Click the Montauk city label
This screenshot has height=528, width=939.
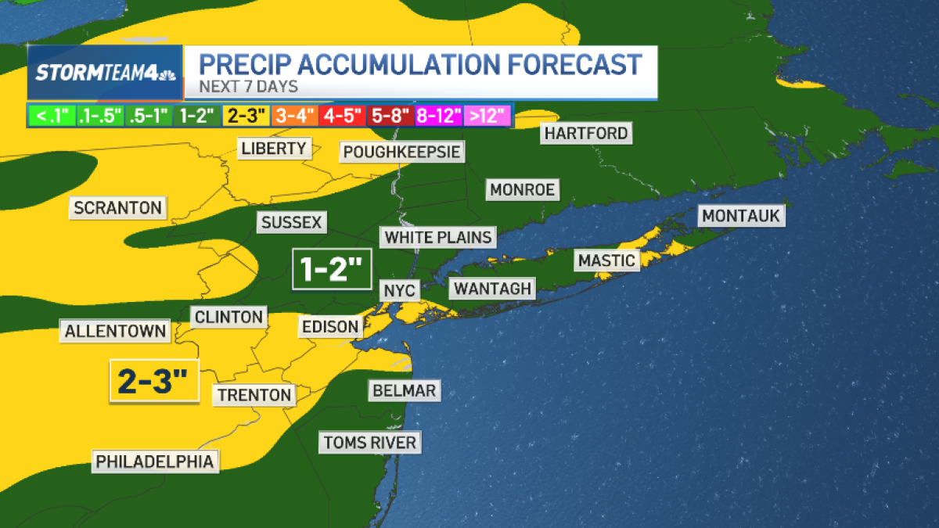(x=742, y=215)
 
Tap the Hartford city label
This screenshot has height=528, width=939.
(x=586, y=133)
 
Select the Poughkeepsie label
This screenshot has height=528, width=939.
(x=401, y=151)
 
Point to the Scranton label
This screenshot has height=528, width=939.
(x=118, y=207)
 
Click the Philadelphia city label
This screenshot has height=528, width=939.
(x=155, y=462)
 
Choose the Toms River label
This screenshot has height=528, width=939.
(x=370, y=442)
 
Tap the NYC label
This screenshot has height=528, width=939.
(x=398, y=290)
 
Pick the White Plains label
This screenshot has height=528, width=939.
(x=438, y=236)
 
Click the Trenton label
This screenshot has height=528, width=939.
(x=254, y=395)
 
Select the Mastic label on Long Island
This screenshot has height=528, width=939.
(x=606, y=260)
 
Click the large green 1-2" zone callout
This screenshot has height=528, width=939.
(x=332, y=270)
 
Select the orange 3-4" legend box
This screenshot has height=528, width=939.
(x=294, y=117)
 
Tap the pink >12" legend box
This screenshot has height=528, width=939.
(x=488, y=117)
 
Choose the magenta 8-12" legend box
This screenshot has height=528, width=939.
(x=440, y=117)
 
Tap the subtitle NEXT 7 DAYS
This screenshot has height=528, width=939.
(x=248, y=87)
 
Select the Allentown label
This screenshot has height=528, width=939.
(x=116, y=331)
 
